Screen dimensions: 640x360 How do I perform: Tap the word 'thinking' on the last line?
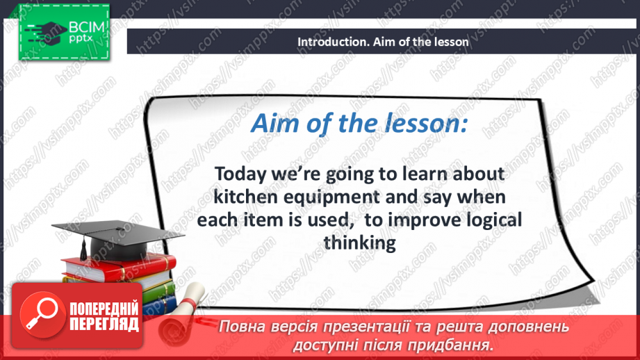pos(359,243)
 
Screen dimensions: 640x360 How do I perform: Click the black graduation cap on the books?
pos(117,239)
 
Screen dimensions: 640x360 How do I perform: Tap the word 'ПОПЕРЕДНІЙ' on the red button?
pos(104,308)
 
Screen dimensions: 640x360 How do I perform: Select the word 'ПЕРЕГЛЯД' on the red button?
pos(104,324)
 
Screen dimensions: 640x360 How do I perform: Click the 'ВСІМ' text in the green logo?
pos(87,27)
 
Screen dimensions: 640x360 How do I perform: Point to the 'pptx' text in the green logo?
pos(81,39)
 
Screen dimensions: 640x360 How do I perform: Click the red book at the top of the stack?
pos(118,268)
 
